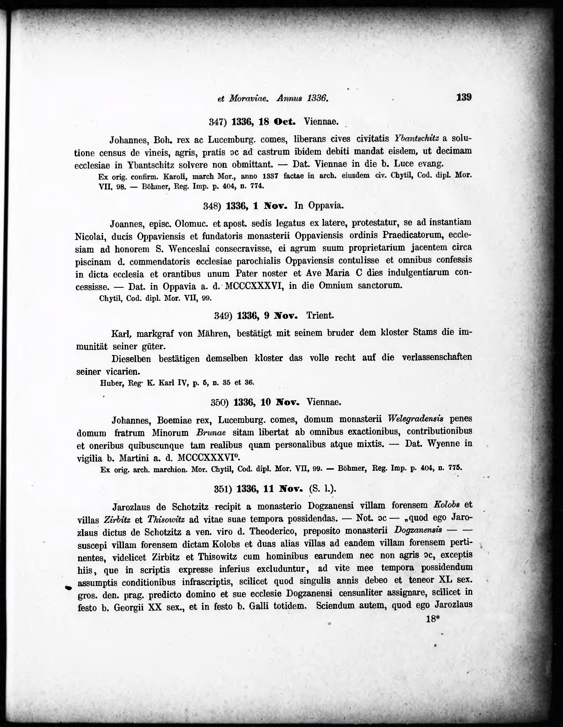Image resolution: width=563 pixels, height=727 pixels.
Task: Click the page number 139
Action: point(464,98)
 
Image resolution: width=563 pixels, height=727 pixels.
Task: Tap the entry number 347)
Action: point(218,122)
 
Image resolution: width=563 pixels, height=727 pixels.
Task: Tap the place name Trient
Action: point(320,315)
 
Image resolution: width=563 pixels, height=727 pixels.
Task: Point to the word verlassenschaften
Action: point(437,357)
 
